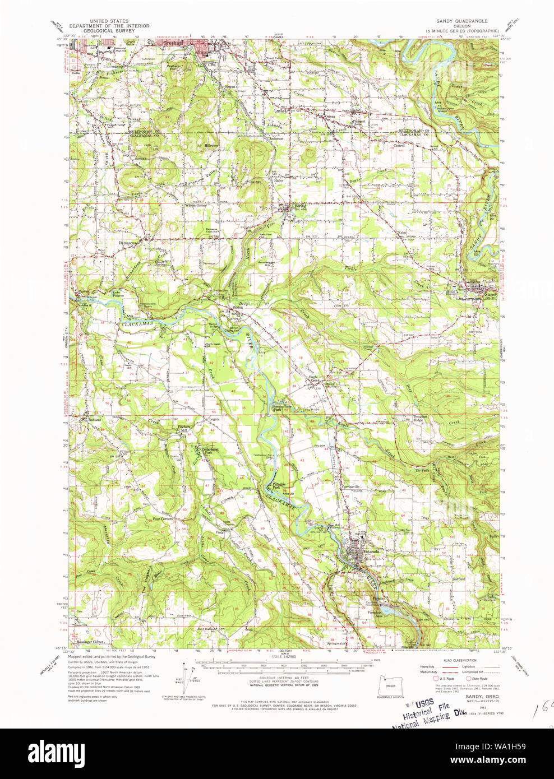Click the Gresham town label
(172, 43)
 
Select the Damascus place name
(128, 243)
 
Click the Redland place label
(94, 419)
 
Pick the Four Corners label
(163, 519)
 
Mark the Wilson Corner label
(196, 206)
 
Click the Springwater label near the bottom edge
(336, 644)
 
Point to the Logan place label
(214, 419)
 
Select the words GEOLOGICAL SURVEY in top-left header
(109, 31)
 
